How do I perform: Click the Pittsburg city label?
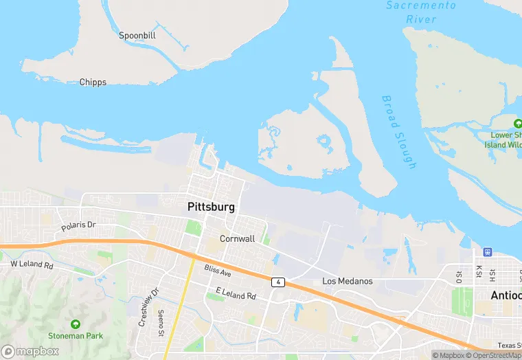[x=211, y=206]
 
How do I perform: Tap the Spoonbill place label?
[x=137, y=35]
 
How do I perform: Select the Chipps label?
[x=93, y=82]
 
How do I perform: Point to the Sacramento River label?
[x=420, y=12]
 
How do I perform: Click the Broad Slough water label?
[x=399, y=131]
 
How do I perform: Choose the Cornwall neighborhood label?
[x=237, y=238]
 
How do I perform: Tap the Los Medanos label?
[x=348, y=281]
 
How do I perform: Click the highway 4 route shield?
[x=277, y=282]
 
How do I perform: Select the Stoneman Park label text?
[x=76, y=336]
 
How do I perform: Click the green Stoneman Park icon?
[x=75, y=324]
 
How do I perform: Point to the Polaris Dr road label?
[x=79, y=225]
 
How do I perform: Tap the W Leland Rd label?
[x=32, y=264]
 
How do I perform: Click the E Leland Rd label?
[x=236, y=293]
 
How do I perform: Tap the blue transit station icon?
[x=487, y=252]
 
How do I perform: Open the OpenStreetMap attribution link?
[x=492, y=355]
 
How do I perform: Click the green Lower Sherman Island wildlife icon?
[x=517, y=124]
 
